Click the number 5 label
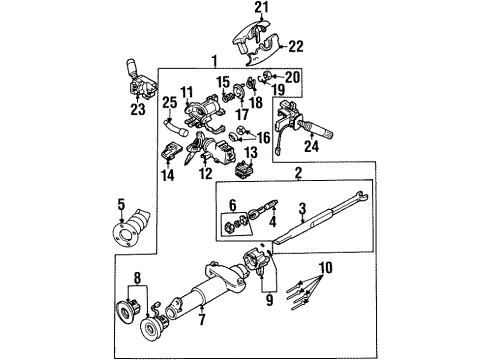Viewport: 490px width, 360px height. tap(121, 208)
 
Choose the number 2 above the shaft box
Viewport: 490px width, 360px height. tap(296, 174)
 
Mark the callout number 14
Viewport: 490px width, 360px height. tap(168, 175)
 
